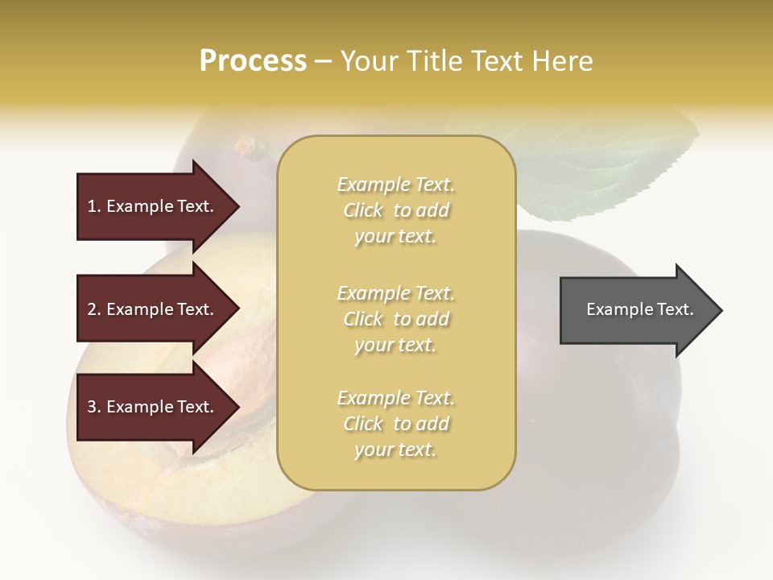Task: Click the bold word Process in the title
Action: coord(253,61)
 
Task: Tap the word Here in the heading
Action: coord(559,61)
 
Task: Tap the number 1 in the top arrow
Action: coord(92,206)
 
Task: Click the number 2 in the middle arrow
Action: coord(92,309)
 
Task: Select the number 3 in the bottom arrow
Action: coord(92,407)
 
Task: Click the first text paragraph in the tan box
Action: coord(396,210)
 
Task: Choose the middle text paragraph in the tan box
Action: coord(396,319)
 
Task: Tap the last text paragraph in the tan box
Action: coord(396,424)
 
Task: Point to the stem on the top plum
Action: coord(246,146)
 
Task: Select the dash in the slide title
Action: coord(324,61)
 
